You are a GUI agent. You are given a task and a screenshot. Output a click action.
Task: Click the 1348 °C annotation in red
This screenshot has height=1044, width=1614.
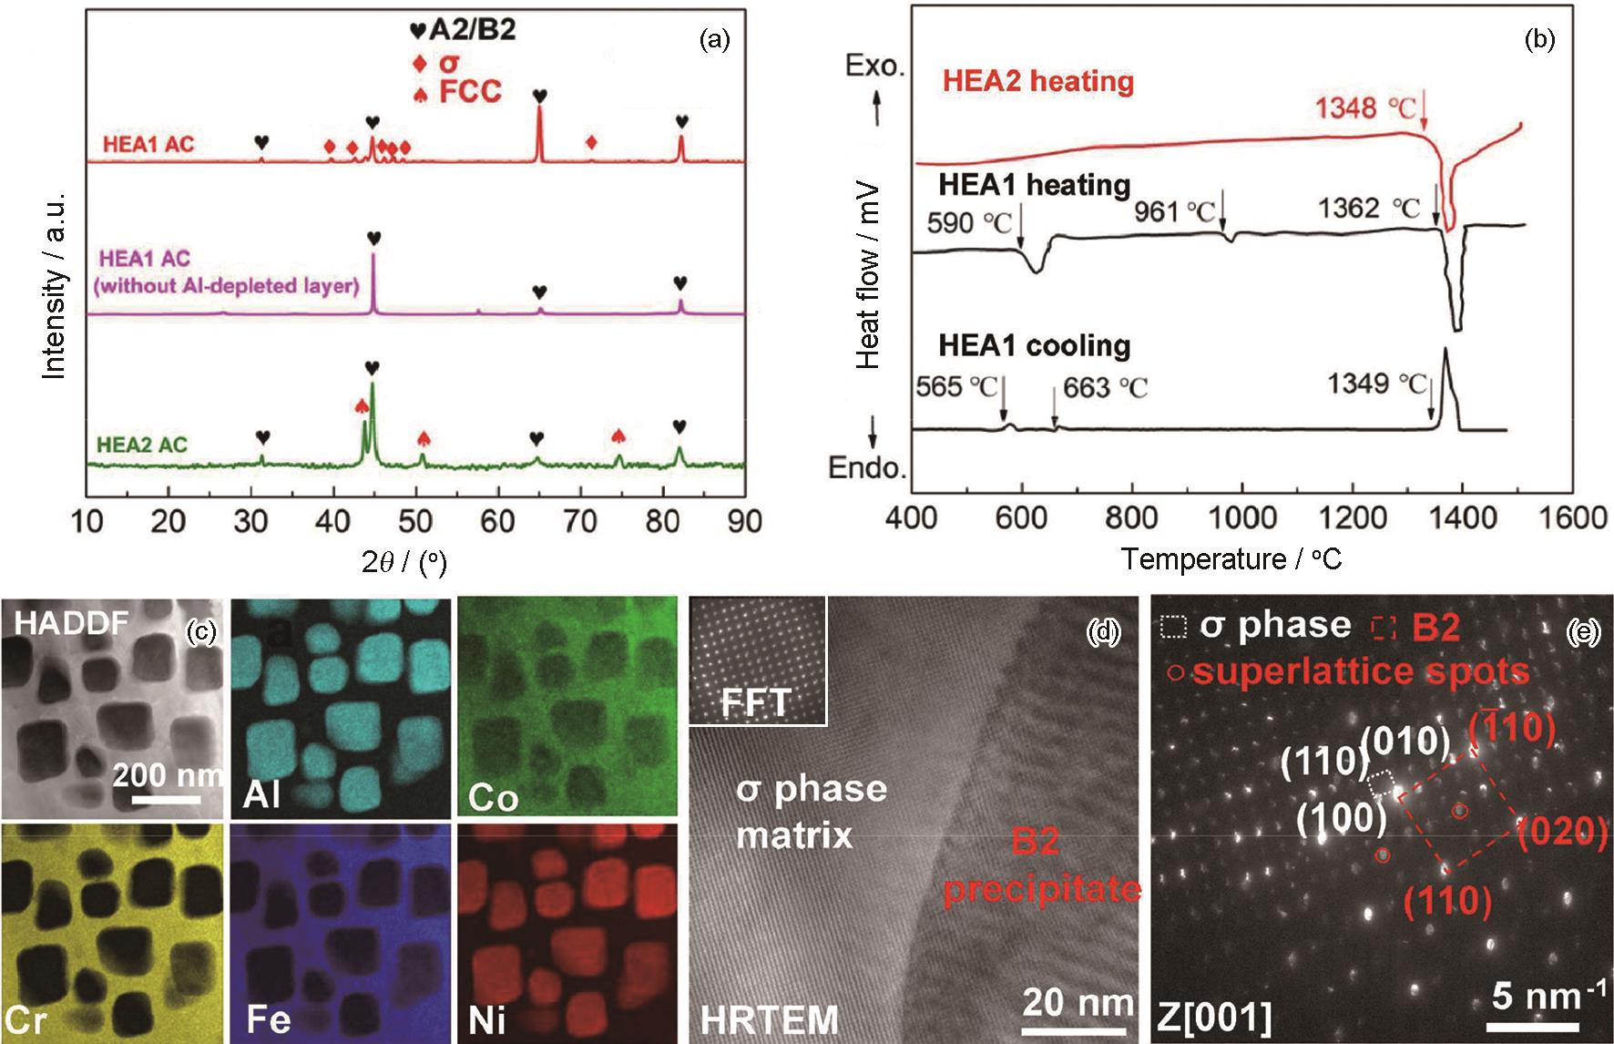(1365, 109)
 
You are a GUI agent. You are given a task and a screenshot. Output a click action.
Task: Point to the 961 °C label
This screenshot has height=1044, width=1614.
(1175, 212)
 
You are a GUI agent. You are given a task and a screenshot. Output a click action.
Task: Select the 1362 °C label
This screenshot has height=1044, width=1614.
(1369, 209)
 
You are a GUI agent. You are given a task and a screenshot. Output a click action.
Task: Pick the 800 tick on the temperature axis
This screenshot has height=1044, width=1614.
(1131, 517)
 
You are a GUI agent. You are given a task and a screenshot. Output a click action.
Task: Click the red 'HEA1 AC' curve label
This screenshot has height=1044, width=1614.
(148, 144)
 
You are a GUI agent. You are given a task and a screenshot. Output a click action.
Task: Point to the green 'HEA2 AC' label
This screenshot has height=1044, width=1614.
(142, 445)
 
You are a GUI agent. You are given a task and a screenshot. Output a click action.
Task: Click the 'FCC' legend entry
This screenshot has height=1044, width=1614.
(470, 92)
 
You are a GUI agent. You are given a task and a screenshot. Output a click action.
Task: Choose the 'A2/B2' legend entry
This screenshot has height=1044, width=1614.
(472, 30)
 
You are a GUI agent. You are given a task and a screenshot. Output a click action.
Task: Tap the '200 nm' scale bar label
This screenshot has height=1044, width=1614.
(167, 775)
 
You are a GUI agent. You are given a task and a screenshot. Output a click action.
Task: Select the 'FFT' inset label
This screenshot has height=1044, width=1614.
(757, 703)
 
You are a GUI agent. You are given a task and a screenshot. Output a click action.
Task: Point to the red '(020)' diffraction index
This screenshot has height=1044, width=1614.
(1560, 832)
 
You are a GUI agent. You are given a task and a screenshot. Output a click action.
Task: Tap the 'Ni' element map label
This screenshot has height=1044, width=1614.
(486, 1019)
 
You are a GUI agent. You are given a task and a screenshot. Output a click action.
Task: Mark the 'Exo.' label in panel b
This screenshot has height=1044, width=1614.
(875, 67)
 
